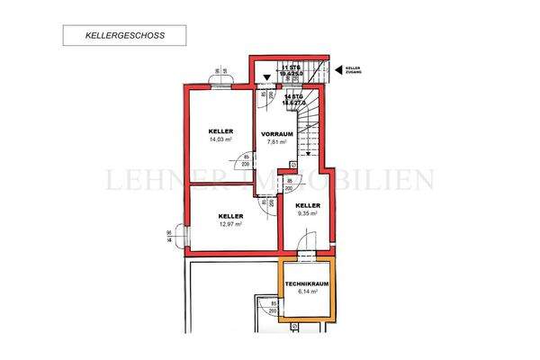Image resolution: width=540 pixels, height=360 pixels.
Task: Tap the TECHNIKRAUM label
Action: [307, 284]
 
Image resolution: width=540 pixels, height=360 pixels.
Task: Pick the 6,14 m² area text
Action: [307, 292]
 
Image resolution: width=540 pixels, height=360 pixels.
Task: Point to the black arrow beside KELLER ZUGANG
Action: [339, 69]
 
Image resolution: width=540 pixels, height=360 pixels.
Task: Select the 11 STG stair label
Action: [291, 68]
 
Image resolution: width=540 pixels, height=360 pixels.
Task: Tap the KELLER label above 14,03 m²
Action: [220, 130]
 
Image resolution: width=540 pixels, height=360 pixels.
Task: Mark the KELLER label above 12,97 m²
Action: [230, 215]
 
